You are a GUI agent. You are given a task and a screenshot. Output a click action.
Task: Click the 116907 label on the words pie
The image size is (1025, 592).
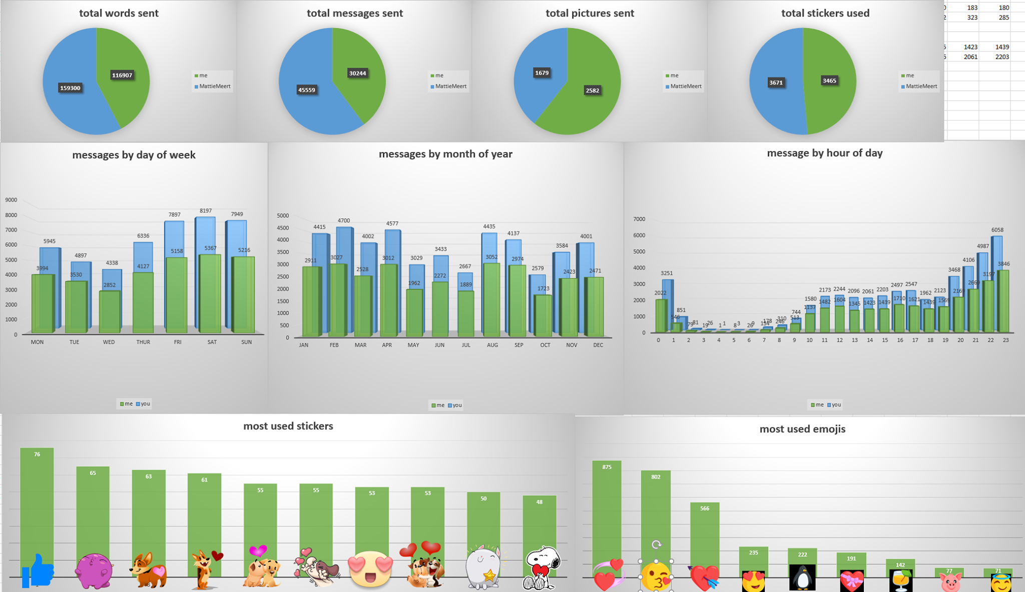(122, 75)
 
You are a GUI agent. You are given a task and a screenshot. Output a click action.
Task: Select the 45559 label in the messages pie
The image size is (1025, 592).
(307, 90)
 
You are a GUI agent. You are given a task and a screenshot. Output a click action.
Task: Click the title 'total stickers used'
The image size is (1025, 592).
(825, 13)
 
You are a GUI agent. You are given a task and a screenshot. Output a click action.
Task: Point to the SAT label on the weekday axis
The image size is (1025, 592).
(212, 342)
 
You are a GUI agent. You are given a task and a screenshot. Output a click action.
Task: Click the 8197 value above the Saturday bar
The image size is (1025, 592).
(206, 210)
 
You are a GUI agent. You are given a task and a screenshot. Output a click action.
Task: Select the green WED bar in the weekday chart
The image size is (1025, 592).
(110, 312)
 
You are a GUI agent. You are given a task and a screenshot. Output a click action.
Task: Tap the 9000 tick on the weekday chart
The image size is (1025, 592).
(11, 200)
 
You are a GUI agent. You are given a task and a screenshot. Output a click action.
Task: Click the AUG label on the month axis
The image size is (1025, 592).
(492, 345)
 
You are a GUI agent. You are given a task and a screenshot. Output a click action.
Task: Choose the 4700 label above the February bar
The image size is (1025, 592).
(344, 220)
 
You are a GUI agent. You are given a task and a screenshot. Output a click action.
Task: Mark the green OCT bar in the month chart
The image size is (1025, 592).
(543, 315)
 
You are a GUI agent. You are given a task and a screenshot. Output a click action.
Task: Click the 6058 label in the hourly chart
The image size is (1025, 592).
(997, 230)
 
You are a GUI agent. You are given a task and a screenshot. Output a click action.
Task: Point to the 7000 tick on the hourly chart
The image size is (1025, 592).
(639, 219)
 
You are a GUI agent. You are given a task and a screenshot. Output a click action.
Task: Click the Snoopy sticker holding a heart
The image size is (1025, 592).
(542, 568)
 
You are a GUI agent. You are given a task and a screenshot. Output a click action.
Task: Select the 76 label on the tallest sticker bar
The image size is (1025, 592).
(37, 454)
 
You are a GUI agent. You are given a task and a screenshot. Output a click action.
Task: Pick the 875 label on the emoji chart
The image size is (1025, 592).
(607, 467)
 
